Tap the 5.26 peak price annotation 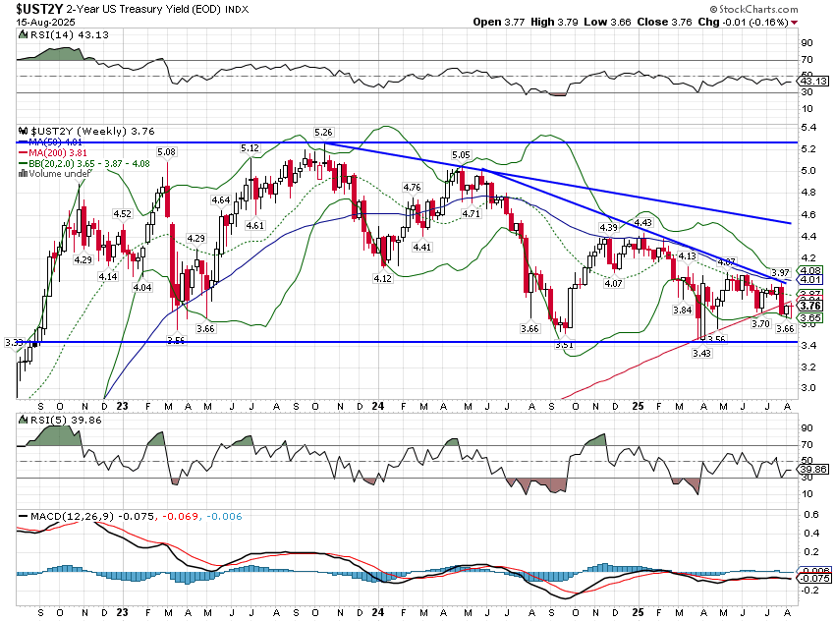[323, 132]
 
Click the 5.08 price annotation [166, 152]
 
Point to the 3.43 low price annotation [701, 352]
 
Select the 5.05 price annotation [462, 155]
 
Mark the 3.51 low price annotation [563, 345]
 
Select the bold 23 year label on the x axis [122, 404]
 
